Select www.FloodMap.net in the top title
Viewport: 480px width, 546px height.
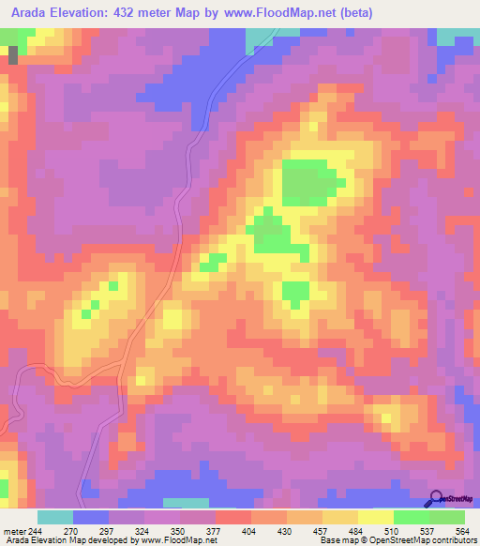point(299,12)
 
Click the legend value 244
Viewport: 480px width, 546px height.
point(37,530)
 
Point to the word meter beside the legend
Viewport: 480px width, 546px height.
point(13,530)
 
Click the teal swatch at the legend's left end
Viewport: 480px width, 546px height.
point(54,517)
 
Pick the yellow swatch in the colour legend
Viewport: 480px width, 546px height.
point(375,517)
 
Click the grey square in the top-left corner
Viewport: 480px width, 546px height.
point(13,54)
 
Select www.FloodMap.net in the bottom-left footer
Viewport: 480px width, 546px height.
point(164,540)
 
